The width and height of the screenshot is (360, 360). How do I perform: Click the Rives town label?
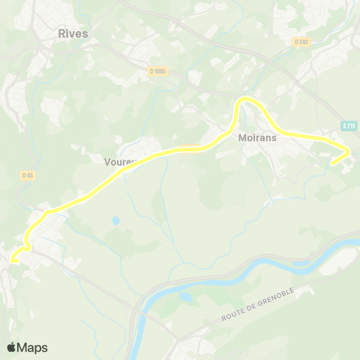click(x=73, y=33)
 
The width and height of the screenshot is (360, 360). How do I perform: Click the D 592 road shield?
click(x=301, y=43)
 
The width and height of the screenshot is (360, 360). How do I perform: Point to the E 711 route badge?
click(x=348, y=126)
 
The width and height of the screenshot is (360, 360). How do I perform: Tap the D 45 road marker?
click(x=28, y=175)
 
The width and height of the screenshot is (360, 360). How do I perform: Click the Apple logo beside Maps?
click(x=11, y=347)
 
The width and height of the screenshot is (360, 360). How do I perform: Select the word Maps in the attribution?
click(x=33, y=347)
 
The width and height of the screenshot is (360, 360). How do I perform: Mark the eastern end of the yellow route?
click(x=332, y=162)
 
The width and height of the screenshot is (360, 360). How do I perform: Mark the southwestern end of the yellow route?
click(x=11, y=261)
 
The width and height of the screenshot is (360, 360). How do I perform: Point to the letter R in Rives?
click(x=61, y=33)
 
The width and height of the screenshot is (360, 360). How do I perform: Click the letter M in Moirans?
click(x=241, y=138)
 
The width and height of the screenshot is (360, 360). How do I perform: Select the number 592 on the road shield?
click(x=303, y=43)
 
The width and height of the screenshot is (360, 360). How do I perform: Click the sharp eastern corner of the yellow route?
click(x=348, y=153)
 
